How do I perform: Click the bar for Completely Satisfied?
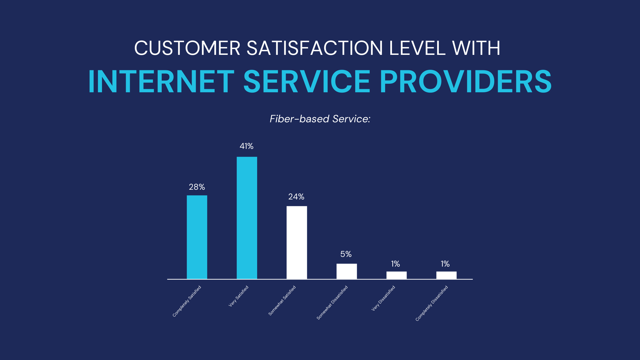coord(197,237)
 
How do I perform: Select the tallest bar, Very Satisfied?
coord(247,218)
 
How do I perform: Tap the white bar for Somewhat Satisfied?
coord(297,243)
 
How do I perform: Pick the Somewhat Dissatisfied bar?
coord(347,271)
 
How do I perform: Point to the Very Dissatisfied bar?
coord(397,275)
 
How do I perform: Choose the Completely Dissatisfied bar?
coord(446,275)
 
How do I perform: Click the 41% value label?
coord(247,146)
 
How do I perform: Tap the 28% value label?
coord(197,187)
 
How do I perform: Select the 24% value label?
coord(296,197)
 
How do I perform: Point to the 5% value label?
coord(346,254)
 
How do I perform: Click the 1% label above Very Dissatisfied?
coord(395,264)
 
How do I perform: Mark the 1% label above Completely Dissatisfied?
coord(445,264)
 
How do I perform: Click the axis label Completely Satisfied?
coord(187,301)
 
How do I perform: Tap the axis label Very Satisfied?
coord(239,296)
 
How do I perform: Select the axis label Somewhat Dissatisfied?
coord(332,303)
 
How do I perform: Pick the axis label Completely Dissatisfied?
coord(432,303)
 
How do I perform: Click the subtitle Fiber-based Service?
coord(320,119)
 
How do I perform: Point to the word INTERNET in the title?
coord(161,82)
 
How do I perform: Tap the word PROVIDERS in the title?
coord(466,82)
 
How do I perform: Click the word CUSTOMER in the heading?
coord(187,48)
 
